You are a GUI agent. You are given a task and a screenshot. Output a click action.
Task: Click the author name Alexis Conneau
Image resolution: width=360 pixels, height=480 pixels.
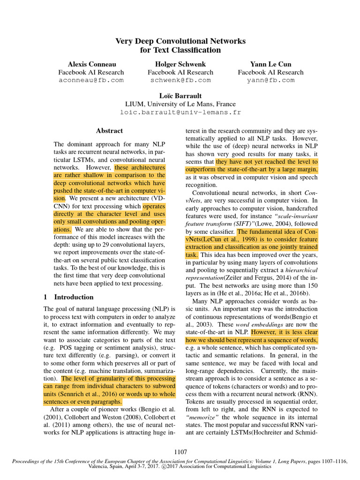click(x=91, y=64)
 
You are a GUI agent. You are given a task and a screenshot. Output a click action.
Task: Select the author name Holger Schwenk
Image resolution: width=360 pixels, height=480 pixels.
click(x=180, y=64)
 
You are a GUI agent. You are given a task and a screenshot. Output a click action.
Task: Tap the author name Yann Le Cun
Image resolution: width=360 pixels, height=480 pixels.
click(x=270, y=64)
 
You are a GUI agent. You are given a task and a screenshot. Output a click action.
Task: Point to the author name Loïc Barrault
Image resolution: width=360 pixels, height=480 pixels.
click(x=180, y=96)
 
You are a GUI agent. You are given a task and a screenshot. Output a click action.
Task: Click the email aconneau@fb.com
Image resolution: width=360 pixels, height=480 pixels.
click(x=91, y=80)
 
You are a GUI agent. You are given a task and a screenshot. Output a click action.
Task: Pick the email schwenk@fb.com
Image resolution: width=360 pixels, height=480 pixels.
click(x=180, y=80)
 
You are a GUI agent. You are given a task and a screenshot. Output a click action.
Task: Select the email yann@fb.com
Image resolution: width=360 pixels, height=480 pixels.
click(x=270, y=80)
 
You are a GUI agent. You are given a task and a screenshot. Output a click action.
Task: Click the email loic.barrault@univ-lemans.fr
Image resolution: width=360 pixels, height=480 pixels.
click(x=180, y=112)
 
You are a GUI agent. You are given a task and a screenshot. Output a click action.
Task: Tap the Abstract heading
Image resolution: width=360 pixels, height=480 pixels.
click(x=109, y=131)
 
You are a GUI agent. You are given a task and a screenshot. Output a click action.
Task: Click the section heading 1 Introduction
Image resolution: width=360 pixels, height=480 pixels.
click(x=68, y=297)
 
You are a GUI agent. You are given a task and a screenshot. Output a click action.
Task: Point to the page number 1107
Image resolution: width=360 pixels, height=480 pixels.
click(x=180, y=452)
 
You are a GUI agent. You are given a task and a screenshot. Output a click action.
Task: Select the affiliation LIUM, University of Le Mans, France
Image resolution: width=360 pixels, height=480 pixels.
click(x=180, y=104)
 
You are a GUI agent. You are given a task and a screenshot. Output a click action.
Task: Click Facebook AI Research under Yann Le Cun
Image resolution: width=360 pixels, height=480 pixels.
click(x=270, y=72)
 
